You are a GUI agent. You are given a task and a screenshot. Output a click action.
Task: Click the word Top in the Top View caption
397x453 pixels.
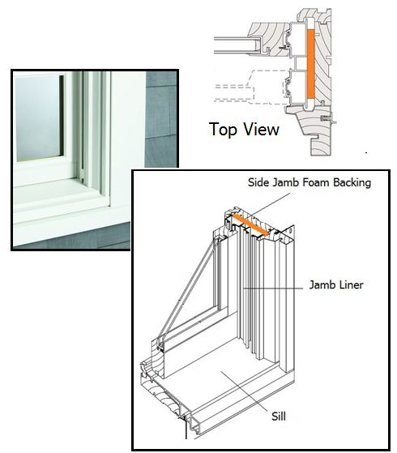[x=223, y=130]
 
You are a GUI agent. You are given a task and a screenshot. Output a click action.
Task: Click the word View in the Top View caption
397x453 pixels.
[x=261, y=129]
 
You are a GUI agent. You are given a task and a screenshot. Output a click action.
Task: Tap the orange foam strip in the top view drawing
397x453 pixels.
[x=310, y=63]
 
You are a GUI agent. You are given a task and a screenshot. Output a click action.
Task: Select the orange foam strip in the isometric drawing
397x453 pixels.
[x=251, y=224]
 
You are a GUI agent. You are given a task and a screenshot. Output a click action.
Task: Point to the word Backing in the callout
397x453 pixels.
[x=352, y=183]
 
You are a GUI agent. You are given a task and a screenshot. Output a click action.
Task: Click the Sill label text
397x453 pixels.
[x=279, y=417]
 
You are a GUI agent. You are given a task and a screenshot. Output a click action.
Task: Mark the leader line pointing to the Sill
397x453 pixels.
[x=245, y=391]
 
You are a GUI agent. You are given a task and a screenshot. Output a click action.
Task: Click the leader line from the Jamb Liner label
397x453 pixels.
[x=273, y=288]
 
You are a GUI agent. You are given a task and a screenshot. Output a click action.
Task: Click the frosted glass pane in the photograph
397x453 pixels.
[x=37, y=118]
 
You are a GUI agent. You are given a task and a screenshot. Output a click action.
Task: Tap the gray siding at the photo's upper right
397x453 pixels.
[x=160, y=118]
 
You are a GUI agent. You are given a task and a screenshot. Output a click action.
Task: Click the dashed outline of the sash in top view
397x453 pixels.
[x=252, y=87]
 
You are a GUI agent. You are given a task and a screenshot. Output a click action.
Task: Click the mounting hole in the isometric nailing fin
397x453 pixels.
[x=290, y=230]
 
